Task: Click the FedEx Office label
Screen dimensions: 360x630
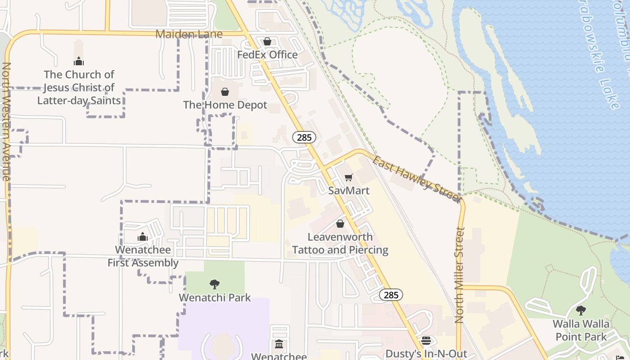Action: tap(267, 55)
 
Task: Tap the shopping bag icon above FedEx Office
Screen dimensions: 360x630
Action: tap(267, 41)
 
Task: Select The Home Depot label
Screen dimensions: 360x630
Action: tap(225, 105)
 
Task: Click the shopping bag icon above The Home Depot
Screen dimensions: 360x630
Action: tap(225, 92)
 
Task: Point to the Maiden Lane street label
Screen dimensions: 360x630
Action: tap(189, 34)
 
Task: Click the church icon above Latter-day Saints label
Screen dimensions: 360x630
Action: tap(79, 61)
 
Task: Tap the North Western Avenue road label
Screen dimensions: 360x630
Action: tap(6, 121)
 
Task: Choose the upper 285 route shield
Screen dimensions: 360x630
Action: tap(304, 137)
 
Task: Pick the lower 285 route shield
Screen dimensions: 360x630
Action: tap(391, 295)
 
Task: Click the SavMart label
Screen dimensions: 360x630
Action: tap(349, 191)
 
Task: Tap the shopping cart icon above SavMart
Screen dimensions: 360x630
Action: tap(349, 178)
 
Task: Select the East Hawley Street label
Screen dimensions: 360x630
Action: tap(417, 179)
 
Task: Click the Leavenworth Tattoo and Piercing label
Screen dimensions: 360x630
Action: tap(340, 243)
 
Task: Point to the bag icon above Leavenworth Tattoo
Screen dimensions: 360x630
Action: tap(340, 224)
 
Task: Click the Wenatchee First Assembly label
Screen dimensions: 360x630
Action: tap(143, 256)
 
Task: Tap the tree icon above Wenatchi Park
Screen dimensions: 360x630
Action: tap(215, 284)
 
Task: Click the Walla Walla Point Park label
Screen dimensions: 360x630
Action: tap(581, 330)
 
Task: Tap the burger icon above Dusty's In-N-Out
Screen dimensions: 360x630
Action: tap(426, 341)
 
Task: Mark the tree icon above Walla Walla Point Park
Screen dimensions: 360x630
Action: tap(581, 310)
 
